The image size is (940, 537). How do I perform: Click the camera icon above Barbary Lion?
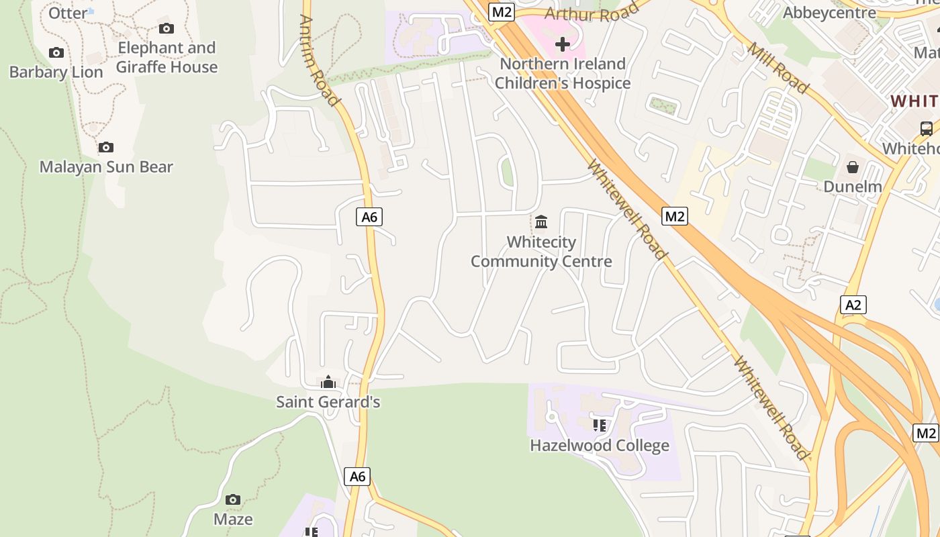[56, 52]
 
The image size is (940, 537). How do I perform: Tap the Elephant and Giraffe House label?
[167, 57]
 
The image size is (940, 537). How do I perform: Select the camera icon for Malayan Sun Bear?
[105, 147]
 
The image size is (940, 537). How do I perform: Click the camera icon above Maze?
[233, 499]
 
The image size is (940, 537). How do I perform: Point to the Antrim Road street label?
[319, 60]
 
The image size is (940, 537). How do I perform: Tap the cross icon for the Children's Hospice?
[563, 44]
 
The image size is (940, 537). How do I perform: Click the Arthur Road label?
[592, 13]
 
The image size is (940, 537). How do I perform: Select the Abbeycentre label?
[829, 12]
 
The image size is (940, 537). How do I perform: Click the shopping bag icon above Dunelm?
[852, 166]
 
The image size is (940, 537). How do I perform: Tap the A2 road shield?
[853, 305]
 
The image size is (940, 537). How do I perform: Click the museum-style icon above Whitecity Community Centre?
[541, 221]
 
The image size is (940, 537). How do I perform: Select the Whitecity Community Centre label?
[541, 252]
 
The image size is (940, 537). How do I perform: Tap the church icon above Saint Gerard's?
[328, 382]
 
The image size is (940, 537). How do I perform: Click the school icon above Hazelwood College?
[600, 424]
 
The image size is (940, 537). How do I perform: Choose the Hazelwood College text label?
[600, 446]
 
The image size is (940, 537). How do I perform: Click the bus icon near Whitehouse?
[926, 128]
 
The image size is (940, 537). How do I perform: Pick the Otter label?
[68, 13]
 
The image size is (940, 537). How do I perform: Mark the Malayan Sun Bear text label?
[106, 167]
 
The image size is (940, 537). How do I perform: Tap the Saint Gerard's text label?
[328, 402]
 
